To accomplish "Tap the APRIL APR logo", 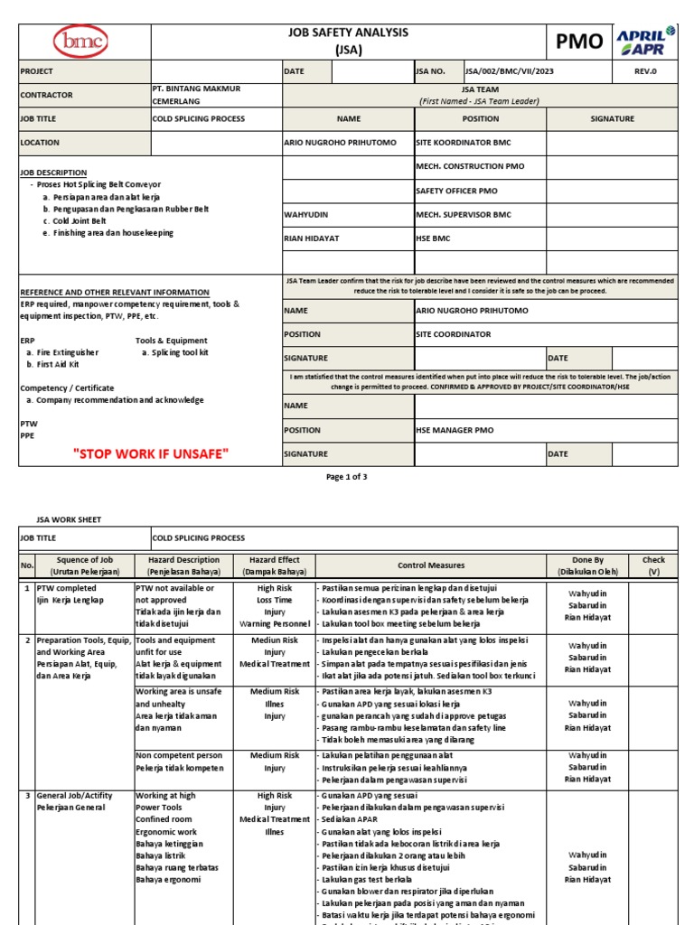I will click(645, 41).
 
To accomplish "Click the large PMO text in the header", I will click(578, 42).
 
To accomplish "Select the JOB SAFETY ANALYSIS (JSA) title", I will click(348, 41).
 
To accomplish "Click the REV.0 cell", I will click(645, 71).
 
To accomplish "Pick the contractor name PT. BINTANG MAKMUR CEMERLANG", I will click(203, 95).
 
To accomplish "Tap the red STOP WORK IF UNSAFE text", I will click(151, 453).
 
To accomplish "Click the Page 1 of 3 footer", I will click(347, 476).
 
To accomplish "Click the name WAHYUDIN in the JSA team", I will click(307, 215).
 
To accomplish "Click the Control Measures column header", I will click(431, 565).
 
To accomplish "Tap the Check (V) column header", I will click(652, 565).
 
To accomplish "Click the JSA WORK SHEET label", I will click(69, 520).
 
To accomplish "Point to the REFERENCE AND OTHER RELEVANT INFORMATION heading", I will click(115, 293).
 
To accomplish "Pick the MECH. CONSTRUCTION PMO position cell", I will click(470, 167).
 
